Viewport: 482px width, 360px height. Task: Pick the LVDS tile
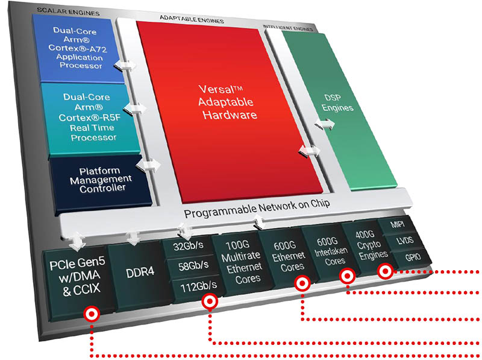(x=402, y=241)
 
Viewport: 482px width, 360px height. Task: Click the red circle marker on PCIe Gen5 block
(x=92, y=313)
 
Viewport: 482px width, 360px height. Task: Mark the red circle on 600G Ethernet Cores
(x=302, y=282)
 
